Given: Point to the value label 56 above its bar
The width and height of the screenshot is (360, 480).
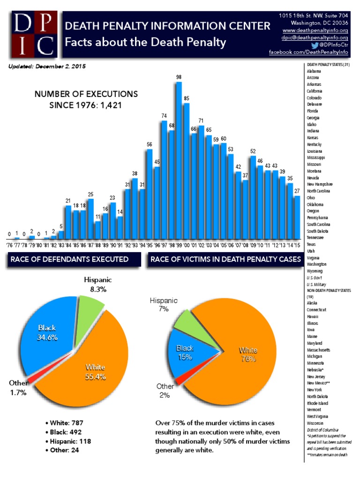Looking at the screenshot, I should tap(149, 144).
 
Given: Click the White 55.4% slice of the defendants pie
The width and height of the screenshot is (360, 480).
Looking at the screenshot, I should tap(94, 370).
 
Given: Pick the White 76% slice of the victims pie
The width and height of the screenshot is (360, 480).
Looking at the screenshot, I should tap(248, 356).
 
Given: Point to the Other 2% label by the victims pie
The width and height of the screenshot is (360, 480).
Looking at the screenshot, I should tap(165, 390).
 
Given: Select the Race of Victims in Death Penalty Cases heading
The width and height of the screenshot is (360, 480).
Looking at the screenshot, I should tap(225, 259).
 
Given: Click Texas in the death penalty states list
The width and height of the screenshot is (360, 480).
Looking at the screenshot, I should tap(312, 244).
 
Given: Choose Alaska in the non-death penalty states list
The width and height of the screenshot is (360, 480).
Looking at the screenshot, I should tap(313, 303).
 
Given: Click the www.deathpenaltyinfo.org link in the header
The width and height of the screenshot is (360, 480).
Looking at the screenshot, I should tap(321, 30).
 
